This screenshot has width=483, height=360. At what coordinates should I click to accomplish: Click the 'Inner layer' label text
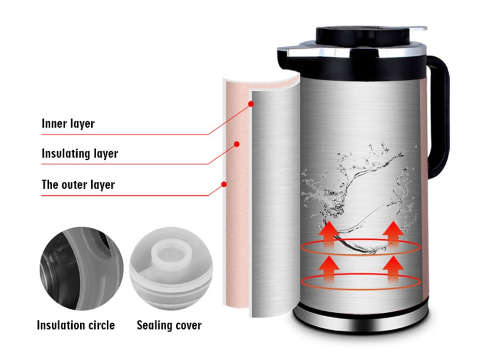68,124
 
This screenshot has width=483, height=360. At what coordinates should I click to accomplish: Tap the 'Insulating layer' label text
80,153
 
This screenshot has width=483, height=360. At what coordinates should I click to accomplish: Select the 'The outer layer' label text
78,185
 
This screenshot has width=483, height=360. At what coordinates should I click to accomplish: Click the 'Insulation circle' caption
76,325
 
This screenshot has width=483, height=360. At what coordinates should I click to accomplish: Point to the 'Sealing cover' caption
169,325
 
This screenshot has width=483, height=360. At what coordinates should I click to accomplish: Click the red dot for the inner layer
251,104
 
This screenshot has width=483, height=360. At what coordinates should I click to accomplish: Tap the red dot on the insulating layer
237,144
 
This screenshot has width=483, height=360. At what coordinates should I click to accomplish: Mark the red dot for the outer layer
224,184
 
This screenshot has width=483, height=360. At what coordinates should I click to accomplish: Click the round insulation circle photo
82,269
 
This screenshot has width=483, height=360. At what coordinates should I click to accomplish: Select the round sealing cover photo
171,269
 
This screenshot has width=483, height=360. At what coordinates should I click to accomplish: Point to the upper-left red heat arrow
329,235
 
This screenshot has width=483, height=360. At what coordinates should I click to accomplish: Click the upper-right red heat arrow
393,235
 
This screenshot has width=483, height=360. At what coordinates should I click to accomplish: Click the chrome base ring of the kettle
361,322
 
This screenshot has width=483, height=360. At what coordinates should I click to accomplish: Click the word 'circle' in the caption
101,325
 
